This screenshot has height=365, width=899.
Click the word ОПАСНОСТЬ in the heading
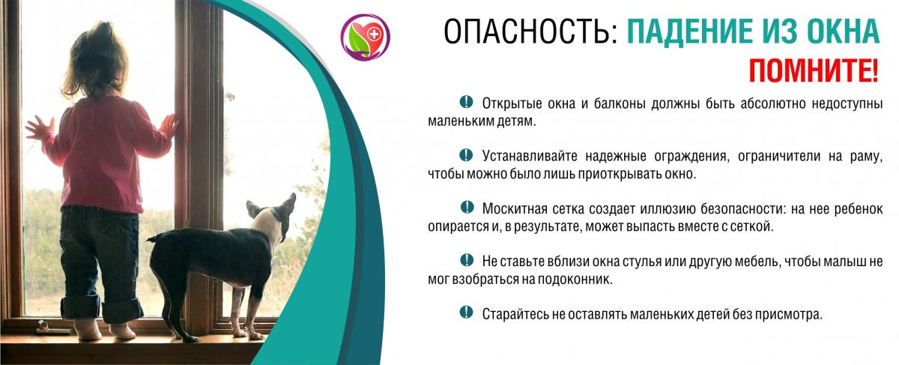point(530,31)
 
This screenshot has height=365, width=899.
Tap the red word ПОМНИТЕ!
point(814,70)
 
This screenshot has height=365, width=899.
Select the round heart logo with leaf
point(365,37)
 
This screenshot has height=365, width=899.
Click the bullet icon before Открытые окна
point(466,102)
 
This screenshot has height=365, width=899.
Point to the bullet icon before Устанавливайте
point(466,154)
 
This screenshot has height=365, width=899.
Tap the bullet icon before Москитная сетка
point(467,207)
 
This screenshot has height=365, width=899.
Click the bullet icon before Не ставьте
point(467,260)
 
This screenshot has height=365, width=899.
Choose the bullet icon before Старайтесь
point(466,312)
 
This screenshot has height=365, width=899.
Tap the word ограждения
point(691,156)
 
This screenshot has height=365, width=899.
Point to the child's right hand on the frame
point(169,124)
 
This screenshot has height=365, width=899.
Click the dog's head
point(273,216)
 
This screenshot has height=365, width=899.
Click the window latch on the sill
point(53,328)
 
